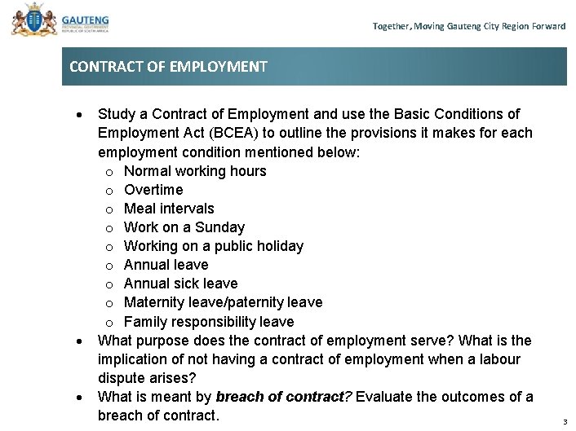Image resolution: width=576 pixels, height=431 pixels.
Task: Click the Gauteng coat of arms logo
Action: (x=29, y=20)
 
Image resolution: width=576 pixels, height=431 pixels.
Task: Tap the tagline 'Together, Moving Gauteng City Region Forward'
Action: (x=468, y=26)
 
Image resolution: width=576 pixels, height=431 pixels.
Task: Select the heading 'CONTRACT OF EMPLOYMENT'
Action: (x=168, y=67)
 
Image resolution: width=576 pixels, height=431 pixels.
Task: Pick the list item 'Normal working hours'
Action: (x=195, y=171)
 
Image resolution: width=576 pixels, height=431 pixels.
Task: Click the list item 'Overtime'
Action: (x=153, y=190)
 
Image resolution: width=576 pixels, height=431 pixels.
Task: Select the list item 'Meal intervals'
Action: (x=169, y=209)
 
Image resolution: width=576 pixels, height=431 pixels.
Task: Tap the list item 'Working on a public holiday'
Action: (x=214, y=246)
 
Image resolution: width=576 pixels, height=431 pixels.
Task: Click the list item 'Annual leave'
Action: (x=166, y=265)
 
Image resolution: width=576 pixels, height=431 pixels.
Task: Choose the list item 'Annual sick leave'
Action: (x=180, y=284)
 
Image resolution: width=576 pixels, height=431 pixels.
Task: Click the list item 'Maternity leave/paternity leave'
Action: (x=223, y=302)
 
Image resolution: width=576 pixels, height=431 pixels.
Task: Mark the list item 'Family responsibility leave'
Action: (x=209, y=322)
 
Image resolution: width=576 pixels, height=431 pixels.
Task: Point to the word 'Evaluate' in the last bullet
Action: (x=384, y=397)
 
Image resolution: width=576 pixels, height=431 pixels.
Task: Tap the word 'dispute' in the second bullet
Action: (x=122, y=378)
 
